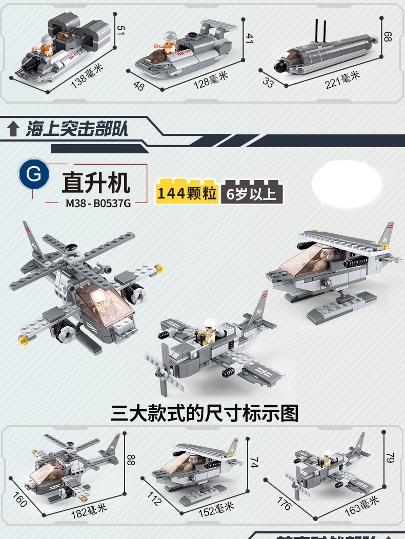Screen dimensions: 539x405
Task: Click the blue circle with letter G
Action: pos(34,175)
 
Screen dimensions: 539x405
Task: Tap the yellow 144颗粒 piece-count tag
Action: pos(187,193)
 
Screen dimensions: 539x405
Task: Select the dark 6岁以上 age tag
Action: pos(252,193)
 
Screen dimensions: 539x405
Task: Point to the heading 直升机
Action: pos(96,181)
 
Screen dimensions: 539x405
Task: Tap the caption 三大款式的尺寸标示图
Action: pos(204,413)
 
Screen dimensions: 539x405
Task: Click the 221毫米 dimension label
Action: pos(342,79)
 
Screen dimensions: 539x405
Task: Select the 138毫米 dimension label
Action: pos(87,76)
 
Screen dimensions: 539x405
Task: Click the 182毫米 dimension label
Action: pos(89,510)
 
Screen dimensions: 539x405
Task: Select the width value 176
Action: pos(283,503)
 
